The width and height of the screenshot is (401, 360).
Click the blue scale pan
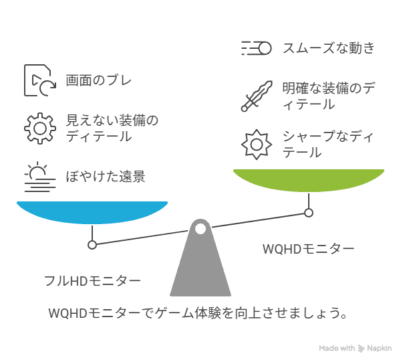pyautogui.click(x=92, y=212)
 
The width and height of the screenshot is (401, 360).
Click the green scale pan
pyautogui.click(x=309, y=180)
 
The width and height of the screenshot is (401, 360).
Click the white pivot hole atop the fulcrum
pyautogui.click(x=200, y=229)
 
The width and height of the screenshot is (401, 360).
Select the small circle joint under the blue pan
pyautogui.click(x=92, y=245)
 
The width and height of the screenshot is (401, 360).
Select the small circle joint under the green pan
pyautogui.click(x=309, y=213)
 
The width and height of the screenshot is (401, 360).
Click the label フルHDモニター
pyautogui.click(x=92, y=281)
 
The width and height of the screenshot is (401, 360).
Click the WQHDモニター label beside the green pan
pyautogui.click(x=308, y=249)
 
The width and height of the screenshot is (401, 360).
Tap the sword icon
pyautogui.click(x=257, y=96)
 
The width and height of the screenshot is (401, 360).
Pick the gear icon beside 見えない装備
pyautogui.click(x=40, y=128)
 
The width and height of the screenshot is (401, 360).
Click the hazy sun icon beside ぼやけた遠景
pyautogui.click(x=40, y=177)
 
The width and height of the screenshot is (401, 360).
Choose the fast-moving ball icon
pyautogui.click(x=256, y=48)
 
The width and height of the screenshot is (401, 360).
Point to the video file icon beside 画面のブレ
pyautogui.click(x=40, y=80)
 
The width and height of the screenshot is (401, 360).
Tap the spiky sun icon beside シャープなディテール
pyautogui.click(x=257, y=145)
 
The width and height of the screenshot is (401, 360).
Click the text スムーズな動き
pyautogui.click(x=329, y=48)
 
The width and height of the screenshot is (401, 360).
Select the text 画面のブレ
pyautogui.click(x=99, y=80)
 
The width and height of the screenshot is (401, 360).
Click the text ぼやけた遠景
pyautogui.click(x=106, y=177)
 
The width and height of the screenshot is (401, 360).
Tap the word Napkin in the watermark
pyautogui.click(x=379, y=348)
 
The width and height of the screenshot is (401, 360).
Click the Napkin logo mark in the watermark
pyautogui.click(x=361, y=348)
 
